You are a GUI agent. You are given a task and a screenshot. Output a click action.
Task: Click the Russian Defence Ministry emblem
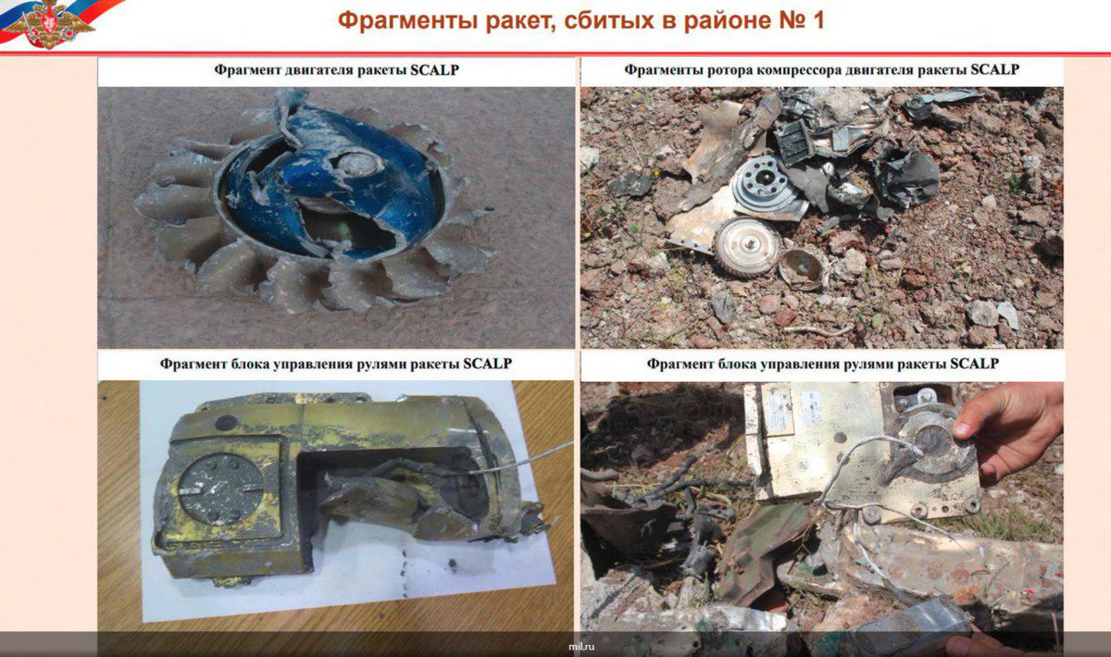tap(48, 23)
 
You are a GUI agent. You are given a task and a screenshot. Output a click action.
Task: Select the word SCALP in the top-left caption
tap(434, 70)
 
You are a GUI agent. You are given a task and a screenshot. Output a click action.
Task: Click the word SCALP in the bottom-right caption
tap(974, 364)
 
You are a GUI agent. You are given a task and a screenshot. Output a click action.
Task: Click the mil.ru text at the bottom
tap(581, 647)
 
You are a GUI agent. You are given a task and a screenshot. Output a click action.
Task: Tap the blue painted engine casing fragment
tap(337, 189)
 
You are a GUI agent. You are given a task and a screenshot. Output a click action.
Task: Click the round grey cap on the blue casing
tap(356, 162)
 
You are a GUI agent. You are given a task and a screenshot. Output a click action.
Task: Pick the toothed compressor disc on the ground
tap(748, 245)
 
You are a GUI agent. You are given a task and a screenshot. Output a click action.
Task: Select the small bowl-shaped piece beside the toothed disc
tap(803, 268)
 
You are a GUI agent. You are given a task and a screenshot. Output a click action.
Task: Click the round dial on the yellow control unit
tap(219, 489)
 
